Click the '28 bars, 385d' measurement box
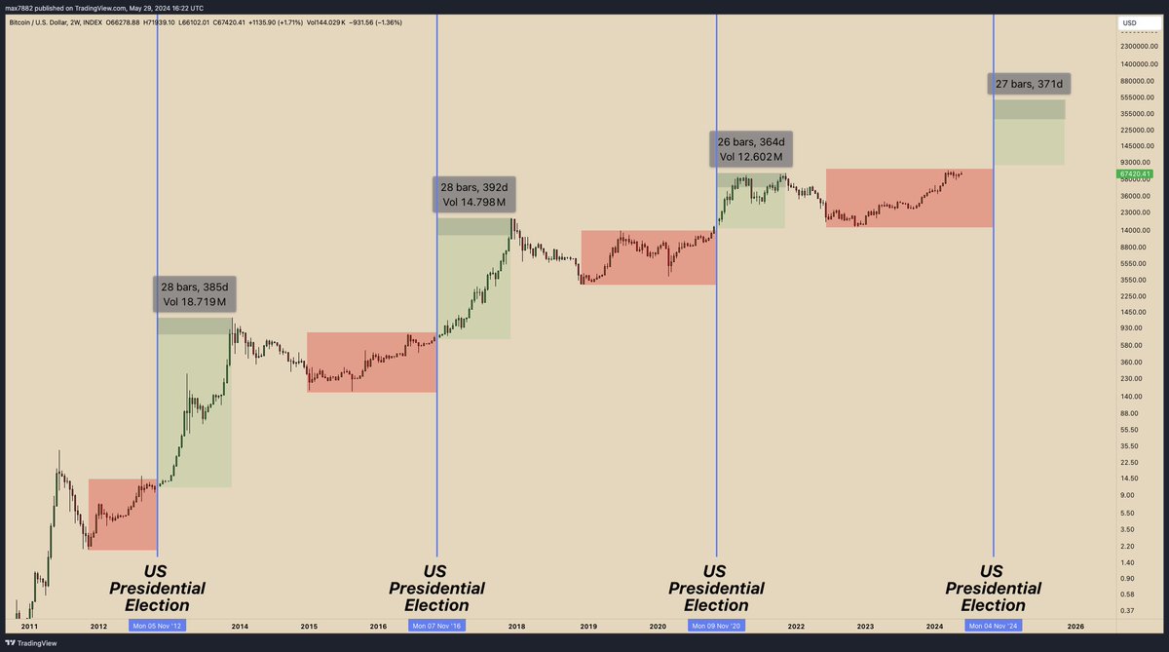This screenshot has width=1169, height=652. [x=194, y=294]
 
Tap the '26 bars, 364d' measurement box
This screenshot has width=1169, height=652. [x=750, y=148]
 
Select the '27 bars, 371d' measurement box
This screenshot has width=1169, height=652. [x=1029, y=84]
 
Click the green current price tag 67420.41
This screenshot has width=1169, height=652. [x=1135, y=173]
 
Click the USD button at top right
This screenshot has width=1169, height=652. [x=1130, y=22]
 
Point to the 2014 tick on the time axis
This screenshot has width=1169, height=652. [x=239, y=626]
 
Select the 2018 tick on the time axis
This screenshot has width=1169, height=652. [x=517, y=626]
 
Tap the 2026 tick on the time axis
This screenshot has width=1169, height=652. [x=1075, y=626]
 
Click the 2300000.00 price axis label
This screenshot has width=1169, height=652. [x=1139, y=46]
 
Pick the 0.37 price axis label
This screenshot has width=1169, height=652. [x=1128, y=610]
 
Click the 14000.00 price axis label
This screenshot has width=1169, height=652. [x=1133, y=230]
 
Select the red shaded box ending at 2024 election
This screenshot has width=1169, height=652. [x=909, y=198]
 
